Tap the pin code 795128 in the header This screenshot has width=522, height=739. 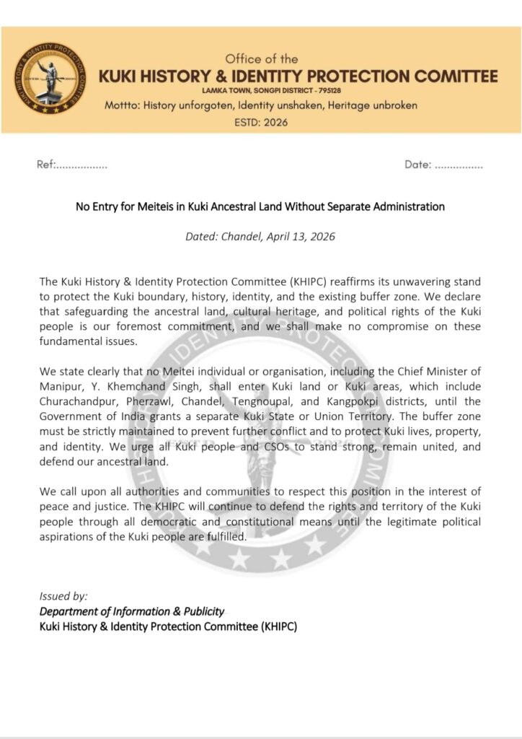329,90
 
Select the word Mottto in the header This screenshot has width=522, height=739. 120,105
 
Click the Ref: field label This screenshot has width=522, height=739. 45,165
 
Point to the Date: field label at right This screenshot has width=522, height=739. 417,165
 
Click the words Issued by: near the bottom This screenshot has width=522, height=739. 63,596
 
